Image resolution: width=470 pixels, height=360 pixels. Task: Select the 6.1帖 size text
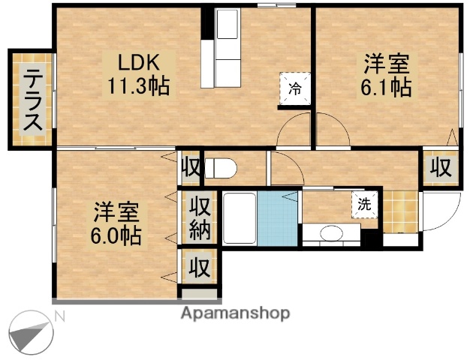386,87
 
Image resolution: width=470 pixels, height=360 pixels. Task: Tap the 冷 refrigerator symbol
295,87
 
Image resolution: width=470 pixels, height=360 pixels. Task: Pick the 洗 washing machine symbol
364,202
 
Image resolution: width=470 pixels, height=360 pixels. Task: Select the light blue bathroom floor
279,218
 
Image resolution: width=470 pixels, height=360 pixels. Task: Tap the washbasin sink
330,234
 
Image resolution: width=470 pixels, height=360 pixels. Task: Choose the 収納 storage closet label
199,217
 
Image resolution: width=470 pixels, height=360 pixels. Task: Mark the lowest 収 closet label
198,267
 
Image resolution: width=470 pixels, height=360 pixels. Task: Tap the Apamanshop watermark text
234,313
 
